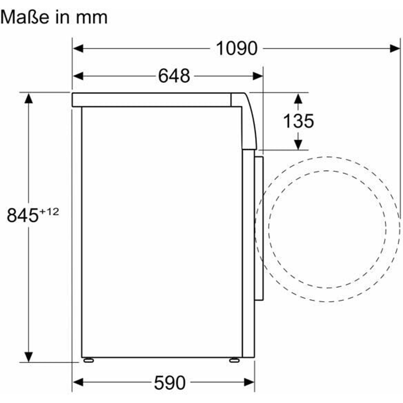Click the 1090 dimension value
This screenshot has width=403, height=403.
237,49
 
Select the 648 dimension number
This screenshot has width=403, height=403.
174,76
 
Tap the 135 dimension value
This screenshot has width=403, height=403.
298,121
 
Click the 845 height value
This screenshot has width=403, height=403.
22,215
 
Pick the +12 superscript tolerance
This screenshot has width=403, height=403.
49,212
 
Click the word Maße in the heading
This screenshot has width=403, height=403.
25,17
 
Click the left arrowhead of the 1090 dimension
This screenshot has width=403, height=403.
78,49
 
